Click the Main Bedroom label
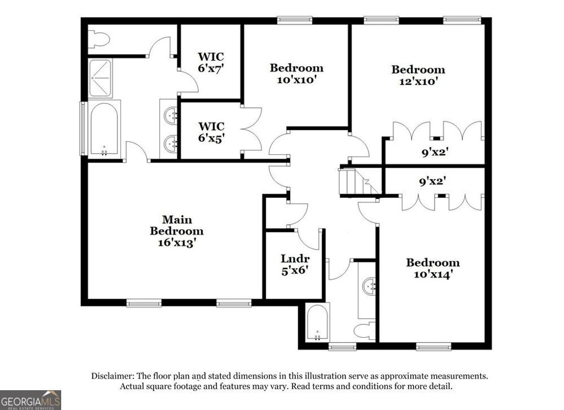(176, 225)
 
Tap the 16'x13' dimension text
(176, 242)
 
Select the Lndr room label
(295, 258)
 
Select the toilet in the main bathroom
(99, 39)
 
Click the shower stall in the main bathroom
(100, 78)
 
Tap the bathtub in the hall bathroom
(317, 323)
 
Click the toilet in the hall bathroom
(364, 331)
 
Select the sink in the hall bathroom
(368, 287)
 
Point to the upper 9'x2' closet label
(433, 153)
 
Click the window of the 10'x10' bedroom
(295, 20)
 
